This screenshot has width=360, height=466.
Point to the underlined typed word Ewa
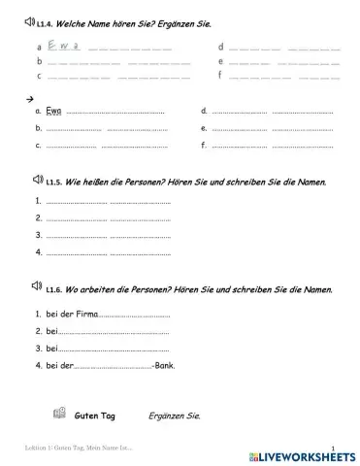pyautogui.click(x=54, y=113)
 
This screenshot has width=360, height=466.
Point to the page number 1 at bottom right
pyautogui.click(x=332, y=448)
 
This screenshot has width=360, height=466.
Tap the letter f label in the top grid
pyautogui.click(x=221, y=74)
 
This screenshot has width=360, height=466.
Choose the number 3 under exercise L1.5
pyautogui.click(x=38, y=235)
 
